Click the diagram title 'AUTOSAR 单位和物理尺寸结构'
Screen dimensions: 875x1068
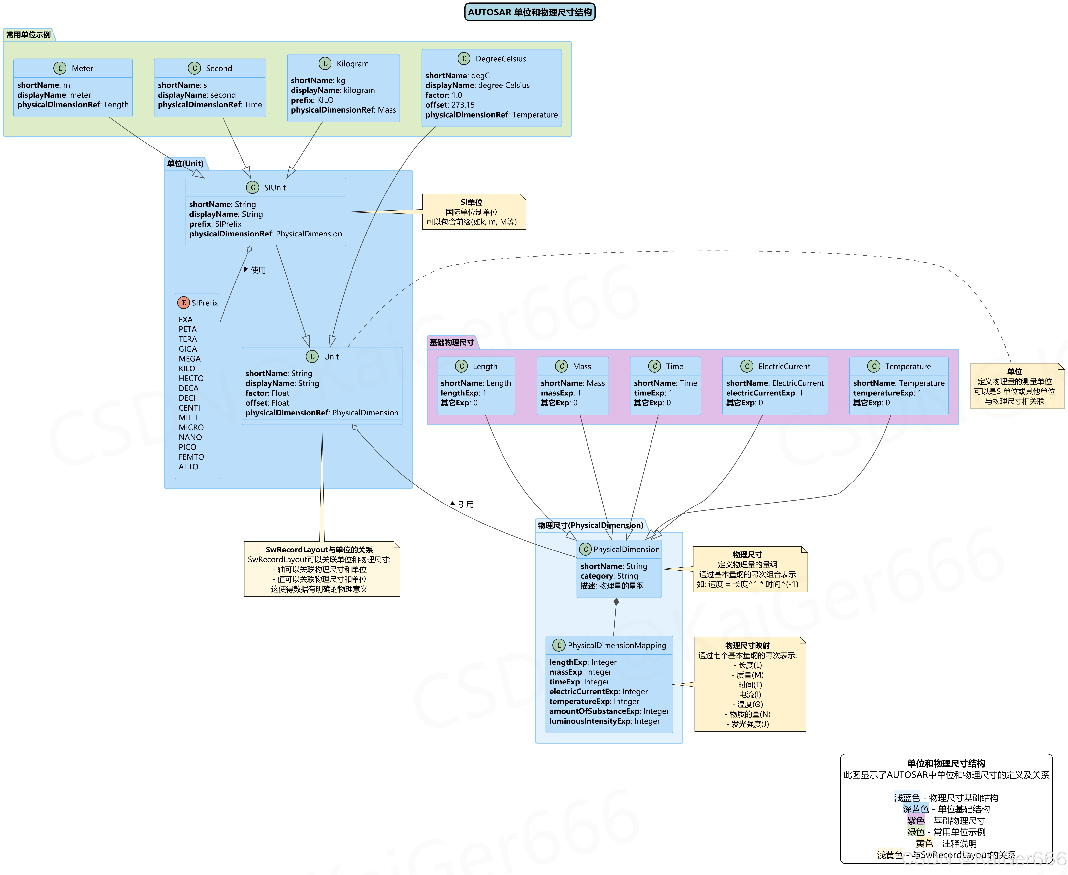click(529, 12)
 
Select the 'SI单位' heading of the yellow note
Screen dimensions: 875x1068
click(472, 202)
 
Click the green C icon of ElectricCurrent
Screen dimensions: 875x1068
click(747, 366)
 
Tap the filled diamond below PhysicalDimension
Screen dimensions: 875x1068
click(616, 602)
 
